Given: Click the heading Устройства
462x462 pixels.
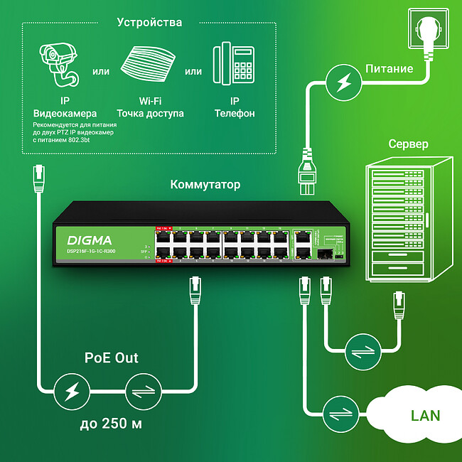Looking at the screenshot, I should click(x=149, y=23).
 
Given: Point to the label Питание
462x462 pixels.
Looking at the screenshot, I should click(x=389, y=69).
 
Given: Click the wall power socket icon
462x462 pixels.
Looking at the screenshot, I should click(x=429, y=33).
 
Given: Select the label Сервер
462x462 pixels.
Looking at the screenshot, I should click(x=408, y=144).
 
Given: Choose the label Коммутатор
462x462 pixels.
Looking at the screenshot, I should click(x=205, y=185).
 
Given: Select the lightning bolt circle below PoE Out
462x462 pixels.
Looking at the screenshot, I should click(x=72, y=391).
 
